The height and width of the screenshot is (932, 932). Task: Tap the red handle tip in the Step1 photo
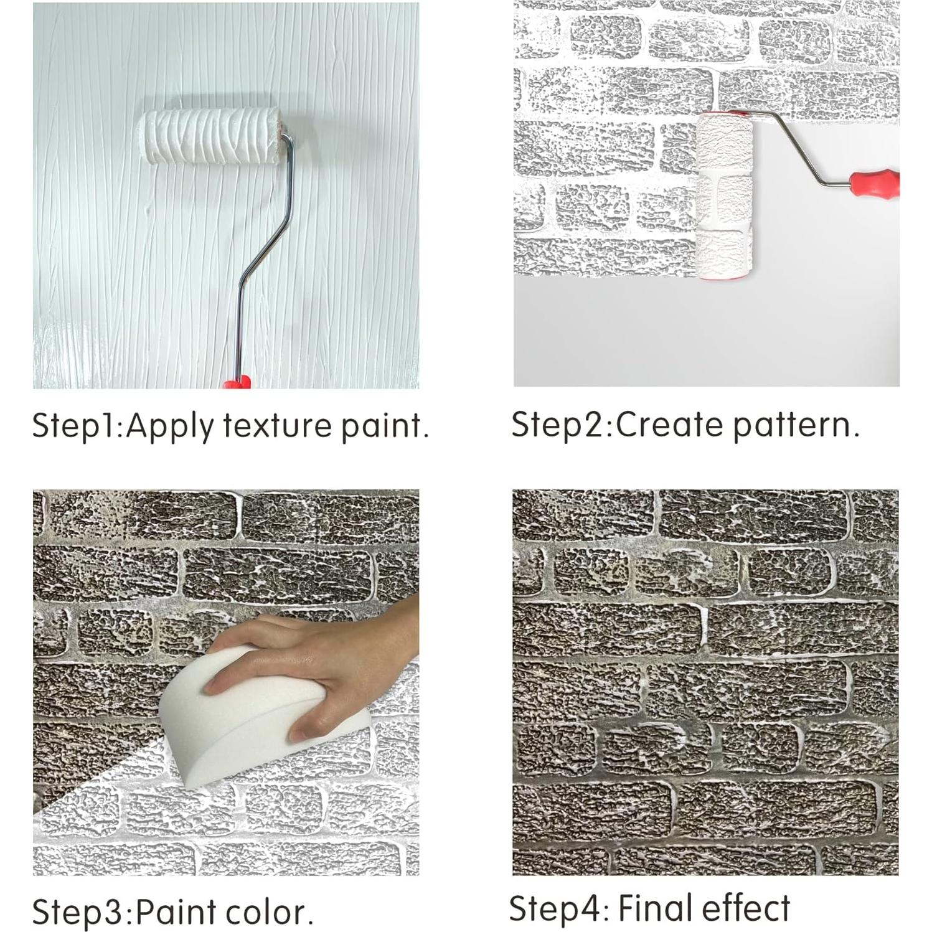coord(237,382)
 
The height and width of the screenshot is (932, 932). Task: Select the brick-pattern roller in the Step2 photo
coord(723,195)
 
